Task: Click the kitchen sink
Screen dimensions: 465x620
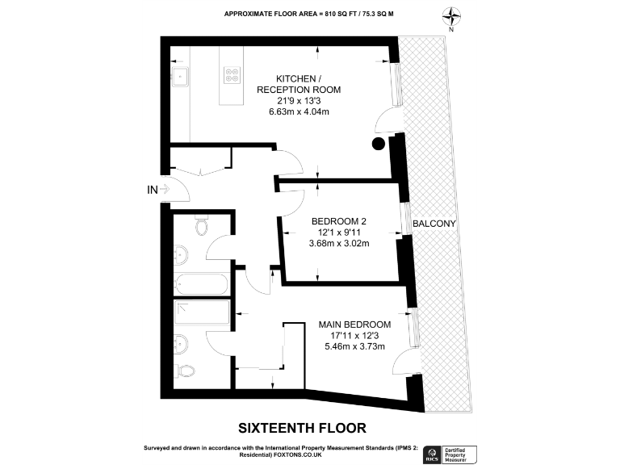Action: coord(181,77)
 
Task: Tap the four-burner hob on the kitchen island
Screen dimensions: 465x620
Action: coord(232,73)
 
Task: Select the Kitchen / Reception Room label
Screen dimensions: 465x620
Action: coord(299,83)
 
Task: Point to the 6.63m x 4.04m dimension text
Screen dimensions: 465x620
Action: coord(299,112)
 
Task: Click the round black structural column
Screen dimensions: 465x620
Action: coord(378,145)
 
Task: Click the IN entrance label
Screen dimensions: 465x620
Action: coord(151,191)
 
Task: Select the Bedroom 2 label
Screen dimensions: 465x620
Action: coord(339,220)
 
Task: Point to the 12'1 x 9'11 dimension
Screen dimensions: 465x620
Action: coord(339,232)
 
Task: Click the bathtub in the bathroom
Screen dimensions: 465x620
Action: coord(202,283)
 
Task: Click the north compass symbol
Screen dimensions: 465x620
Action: coord(450,17)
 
